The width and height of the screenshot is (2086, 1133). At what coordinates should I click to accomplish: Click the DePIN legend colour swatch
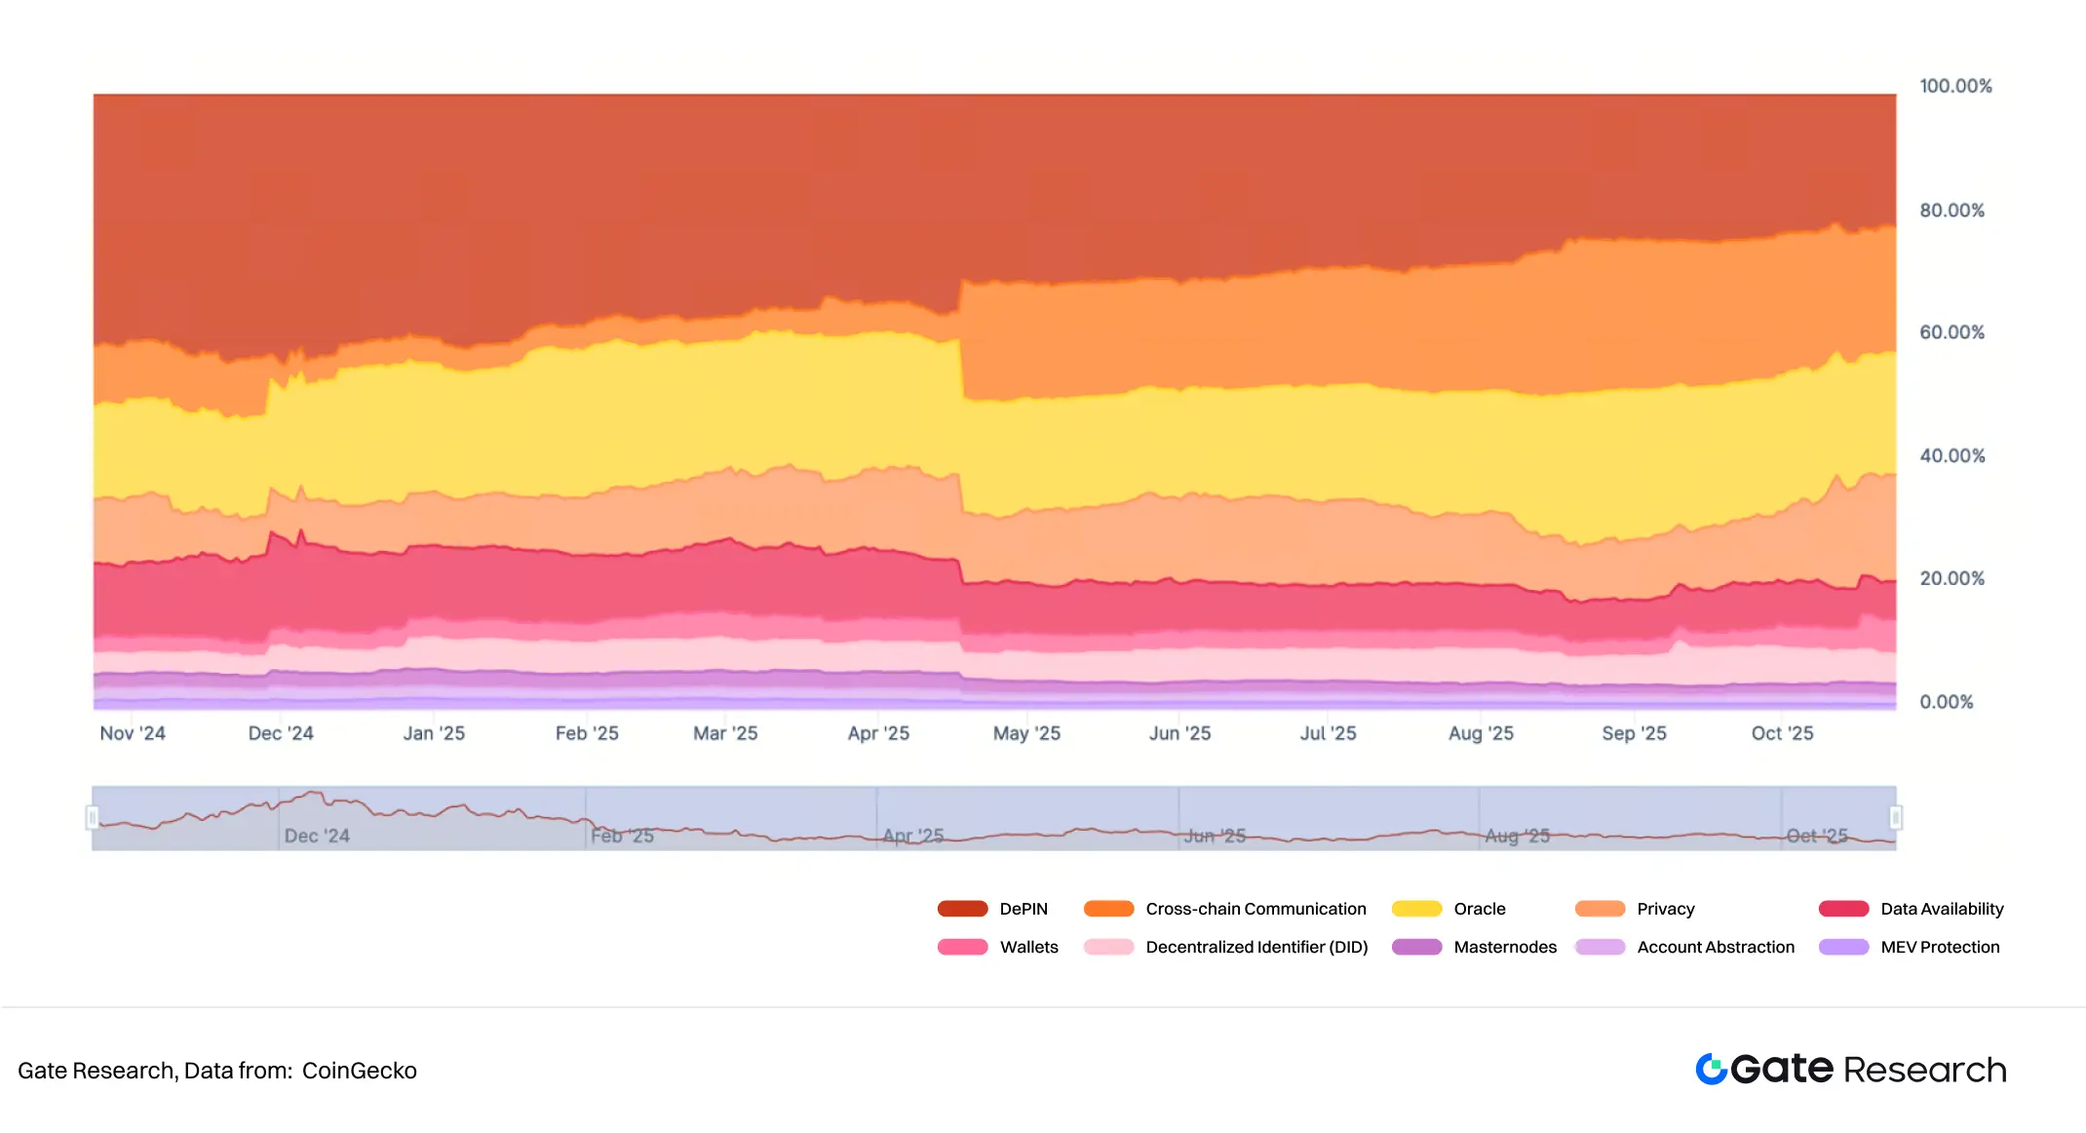tap(962, 909)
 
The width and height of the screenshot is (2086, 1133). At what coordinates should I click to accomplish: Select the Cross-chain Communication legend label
tap(1255, 909)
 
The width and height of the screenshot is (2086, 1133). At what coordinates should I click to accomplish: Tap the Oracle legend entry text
tap(1479, 909)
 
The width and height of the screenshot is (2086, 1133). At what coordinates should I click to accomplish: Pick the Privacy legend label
tap(1665, 909)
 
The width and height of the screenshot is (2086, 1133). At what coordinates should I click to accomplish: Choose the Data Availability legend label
tap(1941, 909)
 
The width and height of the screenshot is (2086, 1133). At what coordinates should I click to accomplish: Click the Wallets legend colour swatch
tap(962, 947)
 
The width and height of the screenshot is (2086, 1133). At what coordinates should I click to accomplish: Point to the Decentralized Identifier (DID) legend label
tap(1256, 947)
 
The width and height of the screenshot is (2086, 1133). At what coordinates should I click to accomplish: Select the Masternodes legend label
tap(1504, 947)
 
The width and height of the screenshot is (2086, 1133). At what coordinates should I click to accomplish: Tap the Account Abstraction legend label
tap(1715, 947)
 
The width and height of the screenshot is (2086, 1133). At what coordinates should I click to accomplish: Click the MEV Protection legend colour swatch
tap(1843, 947)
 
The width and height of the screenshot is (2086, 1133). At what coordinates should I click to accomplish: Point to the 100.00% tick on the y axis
tap(1954, 86)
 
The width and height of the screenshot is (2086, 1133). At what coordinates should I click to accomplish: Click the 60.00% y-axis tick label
tap(1951, 332)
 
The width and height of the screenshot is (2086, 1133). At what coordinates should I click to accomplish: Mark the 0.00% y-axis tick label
tap(1946, 702)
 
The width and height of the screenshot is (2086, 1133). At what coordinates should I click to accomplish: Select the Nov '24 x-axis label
tap(133, 733)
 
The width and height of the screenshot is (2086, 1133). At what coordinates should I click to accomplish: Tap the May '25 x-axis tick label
tap(1026, 733)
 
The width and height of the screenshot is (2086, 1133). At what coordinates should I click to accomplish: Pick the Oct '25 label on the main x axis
tap(1782, 733)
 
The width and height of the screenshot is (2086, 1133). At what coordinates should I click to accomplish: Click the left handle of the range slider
tap(93, 817)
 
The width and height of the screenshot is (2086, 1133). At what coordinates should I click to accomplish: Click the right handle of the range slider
tap(1896, 817)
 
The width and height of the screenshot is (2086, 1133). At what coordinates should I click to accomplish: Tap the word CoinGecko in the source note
tap(359, 1071)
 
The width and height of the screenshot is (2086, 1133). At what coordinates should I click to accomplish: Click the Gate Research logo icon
tap(1711, 1070)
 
